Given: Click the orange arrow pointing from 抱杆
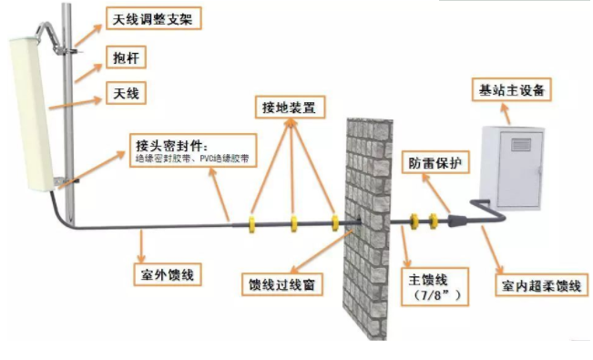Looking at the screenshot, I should click(x=90, y=68).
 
